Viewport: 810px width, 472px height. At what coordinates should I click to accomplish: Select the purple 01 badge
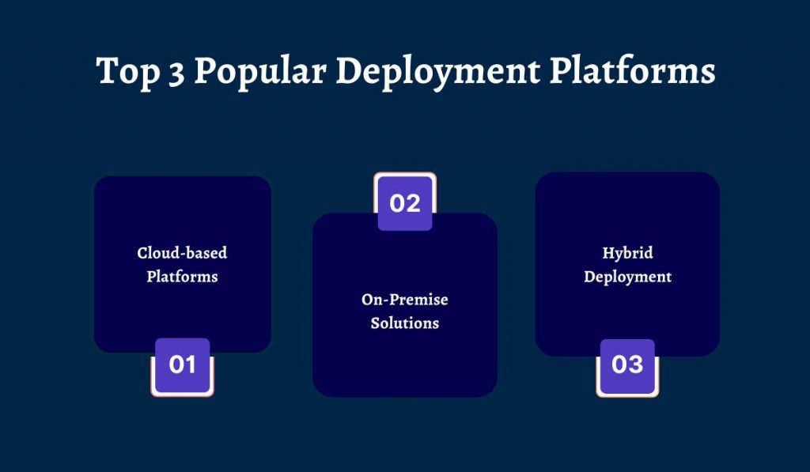pyautogui.click(x=182, y=365)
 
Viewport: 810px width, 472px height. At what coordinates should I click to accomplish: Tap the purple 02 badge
pyautogui.click(x=405, y=203)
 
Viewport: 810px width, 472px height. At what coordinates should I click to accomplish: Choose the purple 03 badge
pyautogui.click(x=627, y=365)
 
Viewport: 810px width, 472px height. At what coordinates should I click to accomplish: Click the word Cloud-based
pyautogui.click(x=182, y=253)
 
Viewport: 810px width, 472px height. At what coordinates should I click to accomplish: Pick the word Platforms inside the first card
pyautogui.click(x=182, y=277)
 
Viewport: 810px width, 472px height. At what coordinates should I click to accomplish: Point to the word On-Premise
pyautogui.click(x=405, y=300)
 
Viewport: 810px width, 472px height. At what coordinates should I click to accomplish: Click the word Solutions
pyautogui.click(x=405, y=323)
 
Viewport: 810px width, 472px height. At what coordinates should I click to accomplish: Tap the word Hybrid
pyautogui.click(x=627, y=253)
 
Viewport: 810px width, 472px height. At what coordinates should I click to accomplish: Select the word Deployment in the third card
pyautogui.click(x=627, y=277)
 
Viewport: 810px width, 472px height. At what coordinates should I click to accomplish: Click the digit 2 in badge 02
pyautogui.click(x=414, y=203)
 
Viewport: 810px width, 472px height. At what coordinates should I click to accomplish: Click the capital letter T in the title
pyautogui.click(x=107, y=70)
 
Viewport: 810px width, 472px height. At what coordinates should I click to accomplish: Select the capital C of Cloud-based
pyautogui.click(x=142, y=253)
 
